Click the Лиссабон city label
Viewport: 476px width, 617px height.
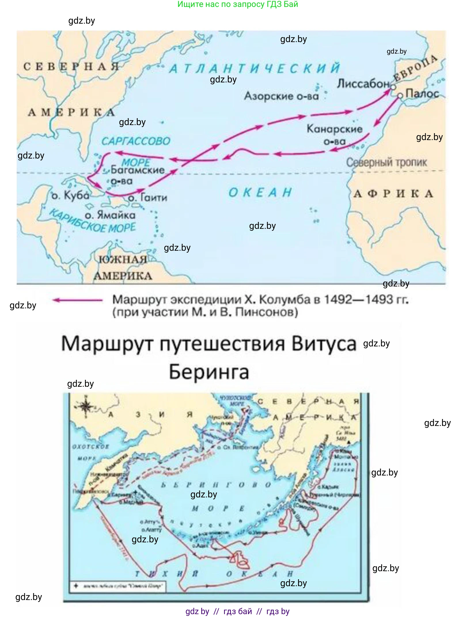click(x=363, y=84)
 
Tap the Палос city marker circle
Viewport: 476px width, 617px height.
click(x=400, y=95)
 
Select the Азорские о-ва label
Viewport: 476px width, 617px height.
click(x=281, y=96)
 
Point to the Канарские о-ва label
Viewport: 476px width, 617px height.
click(x=334, y=134)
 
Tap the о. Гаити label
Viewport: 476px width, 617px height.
click(x=147, y=198)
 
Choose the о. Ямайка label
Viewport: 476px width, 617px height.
click(x=110, y=215)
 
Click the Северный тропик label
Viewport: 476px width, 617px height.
click(x=386, y=163)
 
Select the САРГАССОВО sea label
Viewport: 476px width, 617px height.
click(x=136, y=141)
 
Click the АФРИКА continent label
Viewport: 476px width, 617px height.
click(x=393, y=194)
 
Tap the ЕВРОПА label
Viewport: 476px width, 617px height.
click(x=415, y=68)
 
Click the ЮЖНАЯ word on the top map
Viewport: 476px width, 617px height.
click(x=122, y=259)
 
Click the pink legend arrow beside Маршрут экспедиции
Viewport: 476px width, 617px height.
click(x=77, y=300)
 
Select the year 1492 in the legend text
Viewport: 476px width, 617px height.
click(x=338, y=299)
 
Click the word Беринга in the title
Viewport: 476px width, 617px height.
click(x=209, y=372)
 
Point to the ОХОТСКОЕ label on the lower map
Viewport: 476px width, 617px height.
click(x=90, y=447)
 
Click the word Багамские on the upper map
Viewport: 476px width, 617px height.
click(x=137, y=170)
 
